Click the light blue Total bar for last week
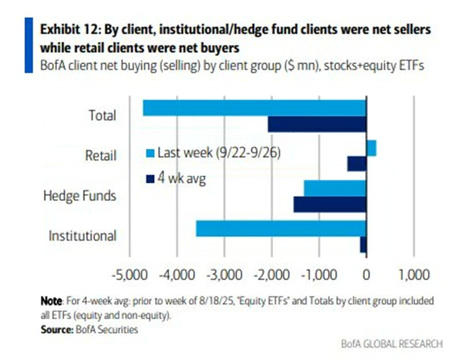tap(254, 108)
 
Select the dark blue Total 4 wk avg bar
tap(317, 124)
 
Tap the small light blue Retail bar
tap(371, 148)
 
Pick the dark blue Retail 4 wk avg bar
tap(357, 164)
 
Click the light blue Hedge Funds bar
tap(335, 188)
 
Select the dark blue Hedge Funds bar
tap(330, 204)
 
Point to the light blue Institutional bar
tap(281, 228)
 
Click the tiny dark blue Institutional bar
tap(363, 244)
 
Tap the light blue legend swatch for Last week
tap(150, 153)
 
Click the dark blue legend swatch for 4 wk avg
tap(150, 178)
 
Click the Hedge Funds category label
tap(79, 196)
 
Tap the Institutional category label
tap(82, 236)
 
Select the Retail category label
tap(101, 155)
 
